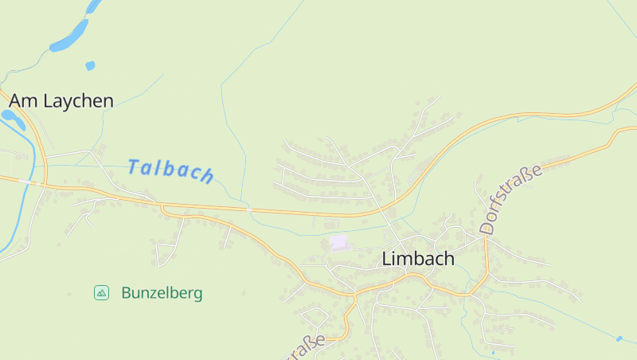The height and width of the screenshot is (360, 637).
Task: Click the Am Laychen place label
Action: [61, 101]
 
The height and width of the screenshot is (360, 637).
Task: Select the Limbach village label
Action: [418, 259]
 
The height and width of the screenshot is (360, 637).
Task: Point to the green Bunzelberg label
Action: [162, 293]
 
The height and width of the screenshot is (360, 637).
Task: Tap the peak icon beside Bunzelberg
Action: [101, 293]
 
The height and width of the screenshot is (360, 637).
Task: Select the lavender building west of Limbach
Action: [339, 241]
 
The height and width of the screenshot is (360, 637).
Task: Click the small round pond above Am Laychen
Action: [90, 65]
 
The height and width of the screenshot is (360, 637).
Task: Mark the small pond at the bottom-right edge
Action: [619, 338]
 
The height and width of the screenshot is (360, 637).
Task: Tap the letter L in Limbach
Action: [387, 259]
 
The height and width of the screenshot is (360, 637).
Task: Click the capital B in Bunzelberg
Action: [126, 293]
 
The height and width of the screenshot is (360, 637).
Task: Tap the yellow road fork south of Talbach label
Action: [163, 209]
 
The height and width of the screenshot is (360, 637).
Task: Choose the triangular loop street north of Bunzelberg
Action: [166, 254]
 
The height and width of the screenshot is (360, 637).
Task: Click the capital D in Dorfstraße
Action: [487, 226]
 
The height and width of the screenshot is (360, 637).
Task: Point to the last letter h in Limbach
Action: [449, 259]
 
